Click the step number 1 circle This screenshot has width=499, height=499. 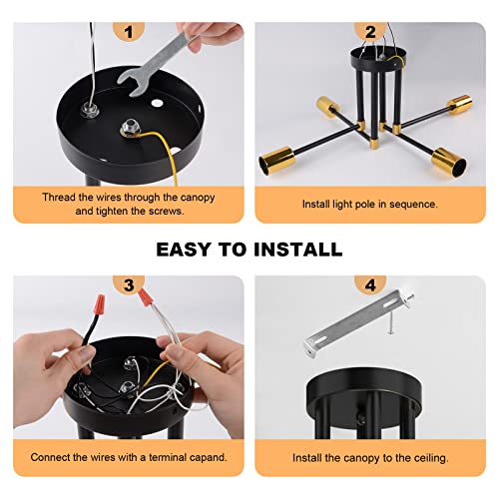128,31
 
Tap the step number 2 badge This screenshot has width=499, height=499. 370,31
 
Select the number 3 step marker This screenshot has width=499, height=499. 128,283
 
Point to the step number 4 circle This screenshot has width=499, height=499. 370,283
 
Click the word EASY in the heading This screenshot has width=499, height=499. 187,249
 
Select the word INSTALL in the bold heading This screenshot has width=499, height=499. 297,249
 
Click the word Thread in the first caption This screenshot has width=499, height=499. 61,197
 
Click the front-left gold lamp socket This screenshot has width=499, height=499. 280,159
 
